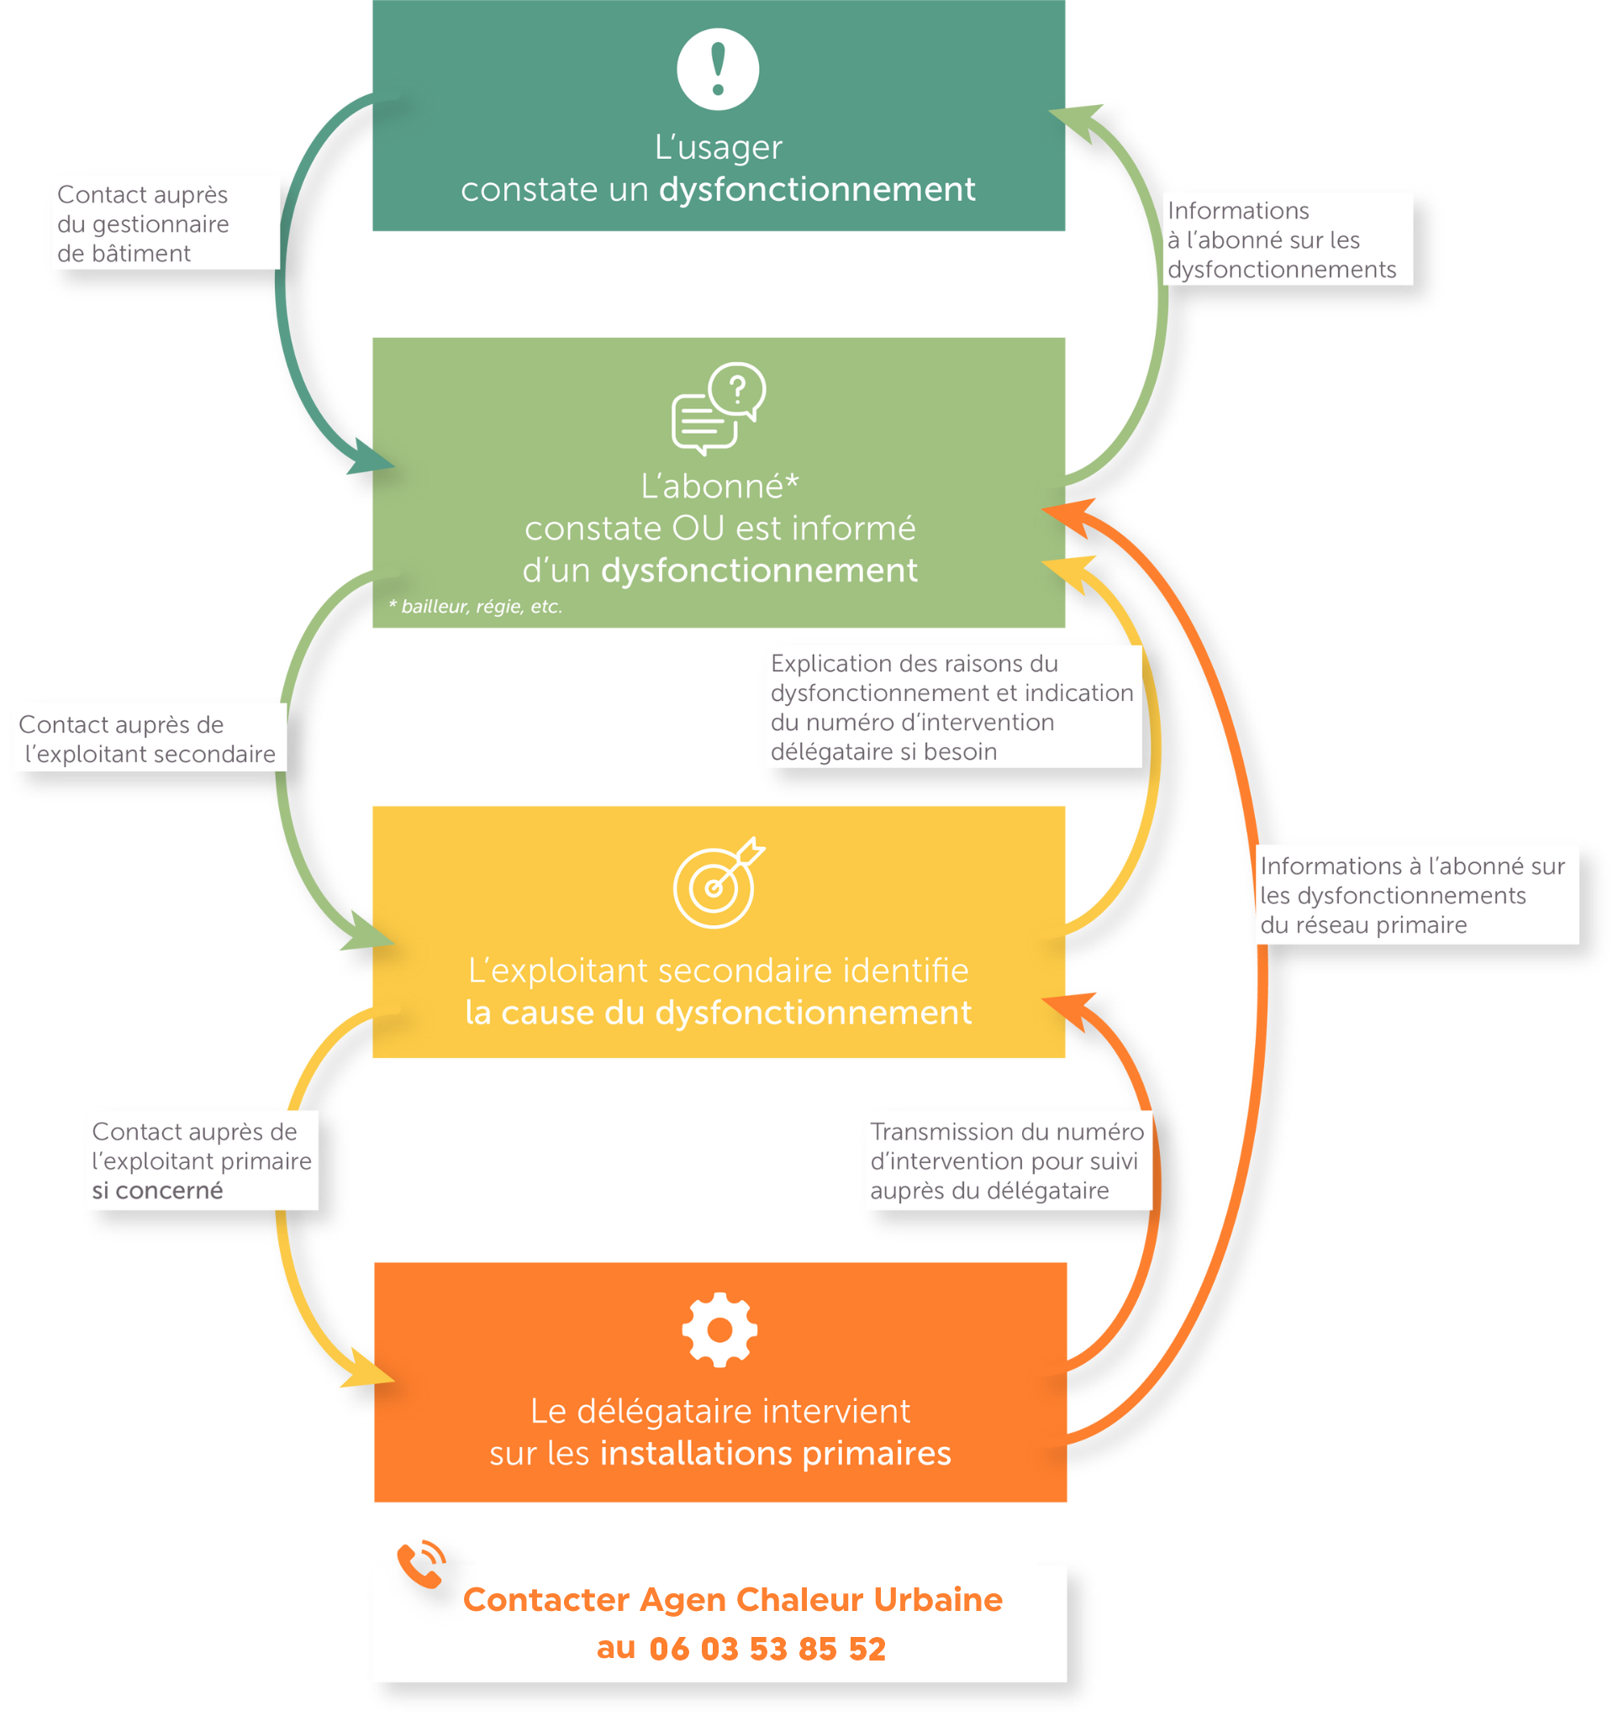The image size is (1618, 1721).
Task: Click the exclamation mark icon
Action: coord(717,69)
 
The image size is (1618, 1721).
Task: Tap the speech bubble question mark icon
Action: coord(718,408)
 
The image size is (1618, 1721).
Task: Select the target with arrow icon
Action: coord(718,882)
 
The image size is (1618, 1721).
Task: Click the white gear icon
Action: coord(719,1329)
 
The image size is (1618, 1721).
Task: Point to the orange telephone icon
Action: coord(421,1565)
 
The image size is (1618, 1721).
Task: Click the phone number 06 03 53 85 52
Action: coord(767,1648)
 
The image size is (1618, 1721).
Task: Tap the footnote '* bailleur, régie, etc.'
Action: coord(475,606)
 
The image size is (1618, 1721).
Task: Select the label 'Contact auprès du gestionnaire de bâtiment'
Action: coord(143,224)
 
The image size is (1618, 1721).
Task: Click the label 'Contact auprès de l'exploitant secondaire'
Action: coord(147,739)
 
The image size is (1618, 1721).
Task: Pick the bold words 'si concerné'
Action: coord(157,1190)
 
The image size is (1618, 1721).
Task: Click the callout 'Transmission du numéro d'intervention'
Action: coord(1006,1160)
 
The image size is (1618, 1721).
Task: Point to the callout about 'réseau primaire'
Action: coord(1411,894)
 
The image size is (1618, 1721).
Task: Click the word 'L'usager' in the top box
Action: coord(718,147)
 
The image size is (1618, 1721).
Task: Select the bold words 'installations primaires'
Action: coord(775,1453)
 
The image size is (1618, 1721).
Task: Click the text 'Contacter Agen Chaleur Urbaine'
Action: coord(732,1599)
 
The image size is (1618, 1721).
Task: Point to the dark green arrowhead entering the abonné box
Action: coord(372,459)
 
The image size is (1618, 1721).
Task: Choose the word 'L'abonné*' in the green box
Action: coord(719,487)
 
